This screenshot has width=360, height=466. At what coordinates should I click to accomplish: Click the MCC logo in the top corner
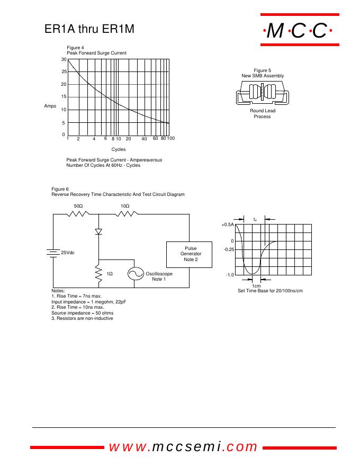click(x=297, y=32)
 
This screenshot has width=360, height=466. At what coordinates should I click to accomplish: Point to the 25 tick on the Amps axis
click(x=64, y=71)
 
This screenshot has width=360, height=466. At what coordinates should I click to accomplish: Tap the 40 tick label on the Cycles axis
click(x=144, y=139)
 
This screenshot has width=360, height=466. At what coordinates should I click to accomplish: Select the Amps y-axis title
click(x=50, y=106)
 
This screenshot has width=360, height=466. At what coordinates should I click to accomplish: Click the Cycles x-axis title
click(x=119, y=149)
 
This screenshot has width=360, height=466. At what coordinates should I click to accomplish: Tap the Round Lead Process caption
click(x=263, y=113)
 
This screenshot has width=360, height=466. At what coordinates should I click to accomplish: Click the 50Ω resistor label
click(x=78, y=205)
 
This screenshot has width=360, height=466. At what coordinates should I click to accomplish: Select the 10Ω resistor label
click(x=125, y=205)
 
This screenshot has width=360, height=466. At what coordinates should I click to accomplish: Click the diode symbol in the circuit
click(x=98, y=231)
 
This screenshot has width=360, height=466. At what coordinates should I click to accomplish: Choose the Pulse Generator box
click(x=191, y=254)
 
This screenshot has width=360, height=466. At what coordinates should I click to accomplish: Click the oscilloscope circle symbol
click(x=136, y=274)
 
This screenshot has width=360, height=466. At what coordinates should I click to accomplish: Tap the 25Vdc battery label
click(x=68, y=253)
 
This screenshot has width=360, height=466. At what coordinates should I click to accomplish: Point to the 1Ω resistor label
click(x=110, y=274)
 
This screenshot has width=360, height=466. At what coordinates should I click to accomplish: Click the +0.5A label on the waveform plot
click(x=228, y=225)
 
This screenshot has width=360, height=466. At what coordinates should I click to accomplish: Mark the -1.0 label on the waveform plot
click(x=230, y=275)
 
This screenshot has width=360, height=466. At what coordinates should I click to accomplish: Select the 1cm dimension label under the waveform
click(x=256, y=286)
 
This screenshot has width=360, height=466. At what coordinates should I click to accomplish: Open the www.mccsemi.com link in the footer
click(x=183, y=447)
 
